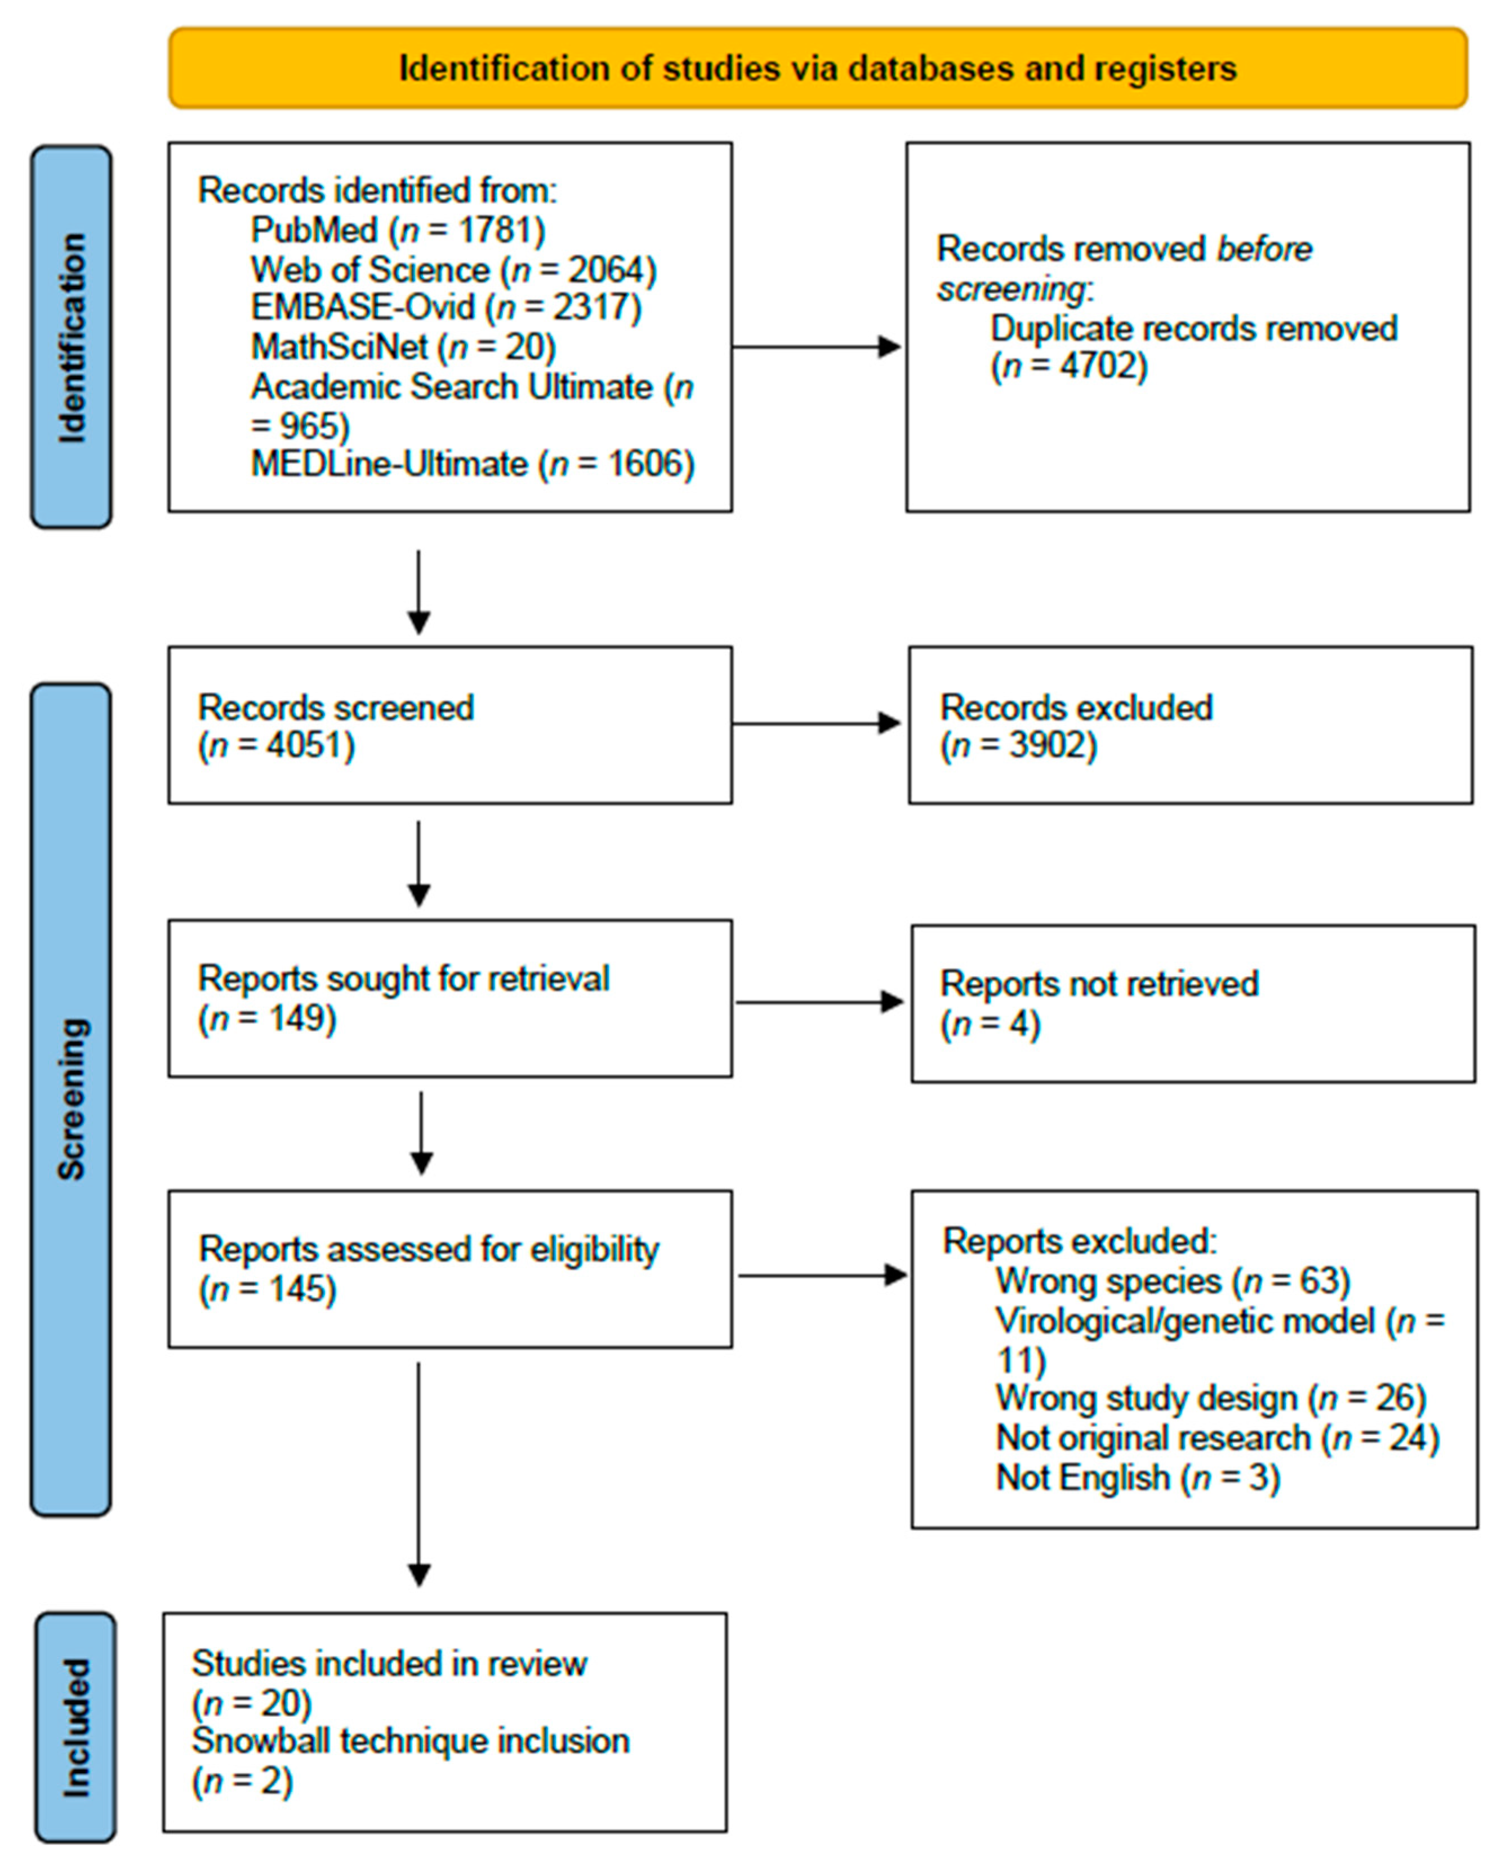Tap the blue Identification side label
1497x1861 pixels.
tap(72, 337)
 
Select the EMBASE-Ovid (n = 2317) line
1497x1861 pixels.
tap(445, 308)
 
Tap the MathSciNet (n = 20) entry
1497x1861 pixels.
tap(402, 347)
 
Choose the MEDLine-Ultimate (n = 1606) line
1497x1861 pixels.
tap(472, 464)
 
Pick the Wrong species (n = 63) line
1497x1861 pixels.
tap(1173, 1281)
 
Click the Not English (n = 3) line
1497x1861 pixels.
tap(1137, 1478)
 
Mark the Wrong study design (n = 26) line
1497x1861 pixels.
tap(1210, 1399)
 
